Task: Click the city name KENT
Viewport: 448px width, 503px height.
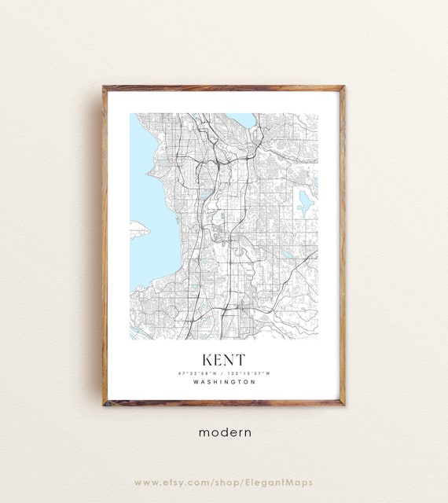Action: [224, 358]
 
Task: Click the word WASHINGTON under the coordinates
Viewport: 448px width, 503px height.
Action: [224, 383]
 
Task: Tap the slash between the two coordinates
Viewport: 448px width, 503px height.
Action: [223, 373]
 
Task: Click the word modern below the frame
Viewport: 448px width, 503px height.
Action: [224, 431]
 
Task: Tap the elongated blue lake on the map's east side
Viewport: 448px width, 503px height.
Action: [305, 203]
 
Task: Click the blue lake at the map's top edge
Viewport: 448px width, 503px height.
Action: [243, 120]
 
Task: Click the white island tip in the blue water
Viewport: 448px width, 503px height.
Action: [138, 229]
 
